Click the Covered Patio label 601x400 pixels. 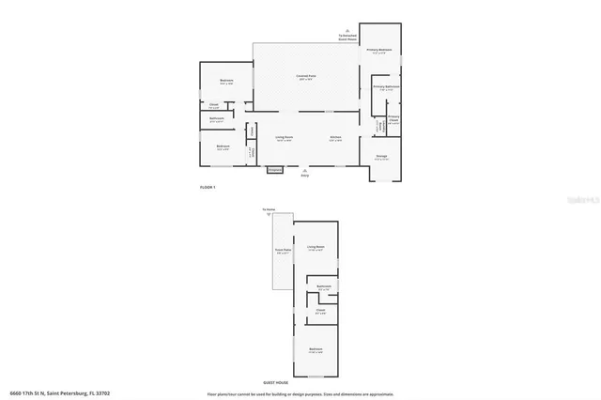[305, 76]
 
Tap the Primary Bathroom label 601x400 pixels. [386, 86]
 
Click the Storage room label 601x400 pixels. [381, 156]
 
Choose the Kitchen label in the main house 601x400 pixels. [335, 137]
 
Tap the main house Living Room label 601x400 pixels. [284, 137]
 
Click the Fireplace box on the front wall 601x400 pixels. [275, 170]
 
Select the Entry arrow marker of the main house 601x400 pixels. [303, 171]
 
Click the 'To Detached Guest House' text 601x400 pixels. [348, 36]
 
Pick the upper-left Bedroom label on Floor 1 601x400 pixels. [226, 81]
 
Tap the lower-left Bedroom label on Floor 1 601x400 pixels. [223, 146]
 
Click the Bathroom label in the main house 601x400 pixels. [216, 118]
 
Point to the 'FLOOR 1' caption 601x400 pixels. [208, 188]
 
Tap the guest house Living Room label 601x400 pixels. [316, 248]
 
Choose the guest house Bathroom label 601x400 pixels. [323, 285]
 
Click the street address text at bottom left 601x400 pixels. [47, 393]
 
